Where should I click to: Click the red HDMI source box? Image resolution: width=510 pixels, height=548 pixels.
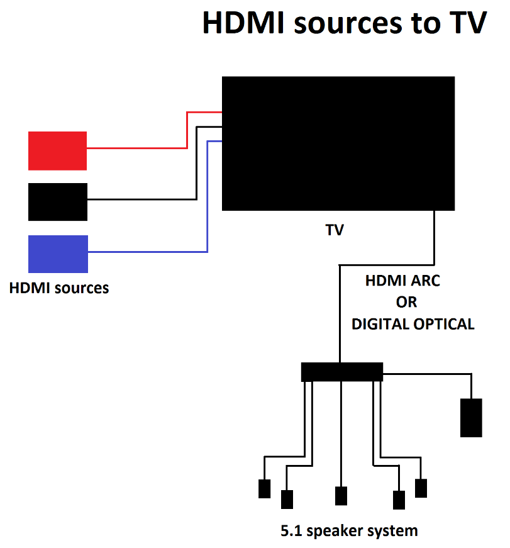click(x=57, y=150)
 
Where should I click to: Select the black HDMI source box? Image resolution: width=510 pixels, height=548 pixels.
click(x=58, y=201)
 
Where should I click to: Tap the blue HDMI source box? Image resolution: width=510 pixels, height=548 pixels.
click(x=58, y=254)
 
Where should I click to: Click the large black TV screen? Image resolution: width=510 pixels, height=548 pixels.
click(x=338, y=143)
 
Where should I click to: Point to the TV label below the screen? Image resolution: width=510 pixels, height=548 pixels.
click(x=335, y=230)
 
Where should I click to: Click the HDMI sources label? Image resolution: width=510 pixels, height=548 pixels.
click(x=59, y=288)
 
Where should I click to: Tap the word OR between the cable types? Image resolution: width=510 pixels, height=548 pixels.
click(x=406, y=303)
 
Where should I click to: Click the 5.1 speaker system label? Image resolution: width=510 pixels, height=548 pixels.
click(x=349, y=530)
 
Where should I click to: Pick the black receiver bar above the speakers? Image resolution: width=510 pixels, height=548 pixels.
click(x=342, y=372)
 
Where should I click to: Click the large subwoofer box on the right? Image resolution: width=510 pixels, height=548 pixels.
click(x=471, y=417)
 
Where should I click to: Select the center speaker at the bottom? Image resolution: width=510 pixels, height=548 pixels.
click(x=341, y=496)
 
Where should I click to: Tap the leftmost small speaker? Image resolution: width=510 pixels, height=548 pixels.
click(x=265, y=489)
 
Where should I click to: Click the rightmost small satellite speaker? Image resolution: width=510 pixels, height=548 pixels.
click(x=421, y=488)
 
